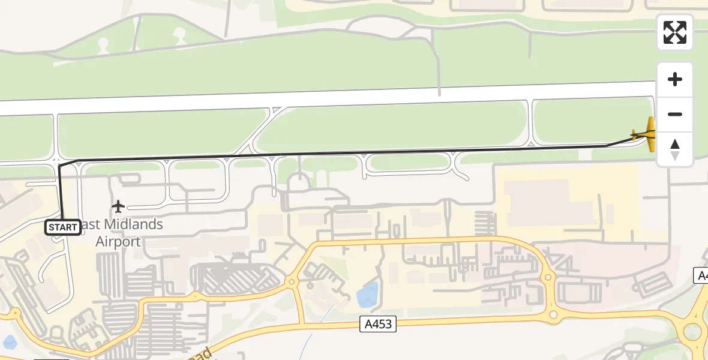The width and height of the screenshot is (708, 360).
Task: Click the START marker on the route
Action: click(63, 227)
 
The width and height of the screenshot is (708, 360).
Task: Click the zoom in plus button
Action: click(675, 80)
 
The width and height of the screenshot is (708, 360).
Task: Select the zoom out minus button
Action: click(675, 114)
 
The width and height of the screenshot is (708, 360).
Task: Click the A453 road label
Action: click(379, 325)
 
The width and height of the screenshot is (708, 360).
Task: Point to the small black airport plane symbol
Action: click(118, 207)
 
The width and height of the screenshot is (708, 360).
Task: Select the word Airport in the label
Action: click(118, 242)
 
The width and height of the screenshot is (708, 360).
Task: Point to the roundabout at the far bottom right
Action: click(692, 331)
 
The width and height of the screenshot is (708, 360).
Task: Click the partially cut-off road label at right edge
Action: click(701, 275)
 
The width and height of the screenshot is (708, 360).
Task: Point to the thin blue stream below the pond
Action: click(307, 346)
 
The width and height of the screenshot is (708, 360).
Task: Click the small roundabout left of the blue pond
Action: click(292, 281)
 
